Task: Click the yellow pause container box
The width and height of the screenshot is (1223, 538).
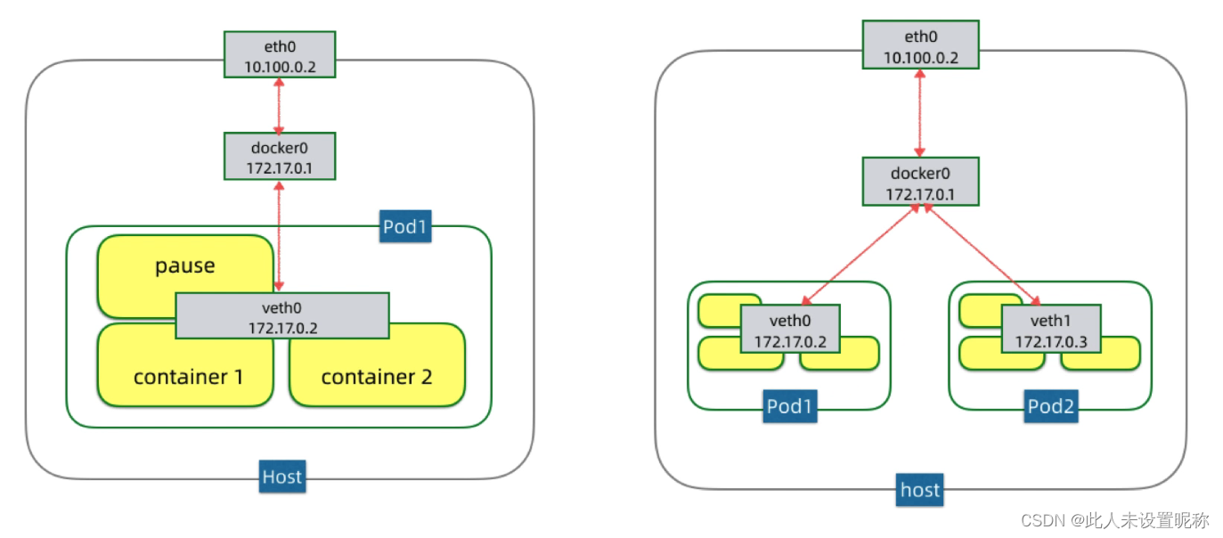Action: coord(184,266)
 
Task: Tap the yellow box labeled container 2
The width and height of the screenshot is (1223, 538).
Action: coord(376,376)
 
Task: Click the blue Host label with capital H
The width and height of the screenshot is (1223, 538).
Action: coord(281,477)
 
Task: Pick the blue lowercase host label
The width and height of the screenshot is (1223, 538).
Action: coord(919,490)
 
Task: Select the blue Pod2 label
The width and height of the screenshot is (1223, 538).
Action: coord(1050,406)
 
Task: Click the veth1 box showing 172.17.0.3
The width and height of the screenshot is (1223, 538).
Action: coord(1051,329)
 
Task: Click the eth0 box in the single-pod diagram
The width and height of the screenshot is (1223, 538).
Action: coord(280,55)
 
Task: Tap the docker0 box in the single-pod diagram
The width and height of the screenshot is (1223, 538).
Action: coord(280,156)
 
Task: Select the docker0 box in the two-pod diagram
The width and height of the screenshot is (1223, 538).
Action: coord(920,182)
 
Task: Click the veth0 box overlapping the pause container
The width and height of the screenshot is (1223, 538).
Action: coord(281,315)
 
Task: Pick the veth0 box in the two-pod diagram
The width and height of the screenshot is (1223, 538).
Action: coord(790,329)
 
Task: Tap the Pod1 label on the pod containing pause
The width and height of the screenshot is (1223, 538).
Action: coord(404,226)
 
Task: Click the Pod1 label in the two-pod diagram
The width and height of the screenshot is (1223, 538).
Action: coord(789,406)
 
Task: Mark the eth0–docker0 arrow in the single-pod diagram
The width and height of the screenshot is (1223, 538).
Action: coord(280,105)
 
